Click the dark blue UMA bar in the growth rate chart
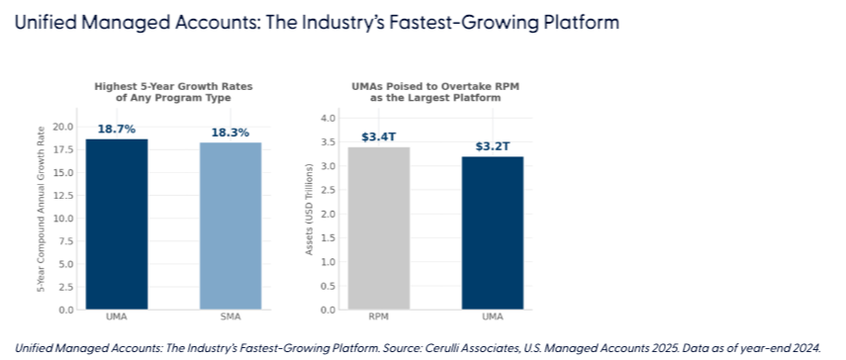(117, 225)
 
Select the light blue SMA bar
(231, 226)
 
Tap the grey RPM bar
(379, 228)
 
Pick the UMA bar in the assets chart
(493, 233)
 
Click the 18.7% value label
(117, 130)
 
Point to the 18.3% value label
(231, 133)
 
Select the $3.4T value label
(379, 136)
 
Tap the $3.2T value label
(493, 146)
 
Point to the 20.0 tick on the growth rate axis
(65, 127)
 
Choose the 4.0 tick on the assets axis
(329, 118)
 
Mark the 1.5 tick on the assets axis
(329, 237)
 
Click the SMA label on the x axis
(231, 316)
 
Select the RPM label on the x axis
(379, 316)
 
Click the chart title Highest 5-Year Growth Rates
(173, 86)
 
